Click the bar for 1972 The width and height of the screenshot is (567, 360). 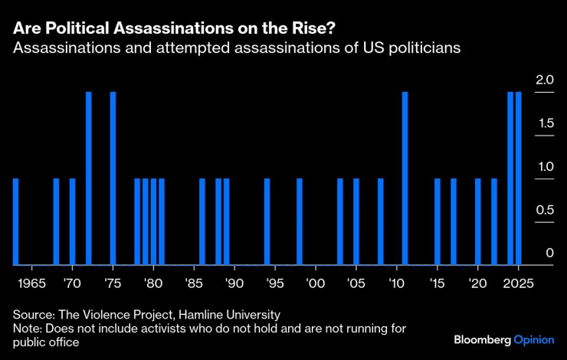click(x=88, y=178)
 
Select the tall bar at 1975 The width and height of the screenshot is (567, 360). click(x=113, y=178)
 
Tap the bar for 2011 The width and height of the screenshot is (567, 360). click(x=405, y=178)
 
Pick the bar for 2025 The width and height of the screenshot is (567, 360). click(x=519, y=178)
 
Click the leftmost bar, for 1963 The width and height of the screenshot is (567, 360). click(x=15, y=221)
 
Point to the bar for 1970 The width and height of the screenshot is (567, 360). click(x=72, y=221)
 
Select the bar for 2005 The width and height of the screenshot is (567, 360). click(x=356, y=221)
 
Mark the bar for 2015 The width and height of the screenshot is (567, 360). click(x=438, y=221)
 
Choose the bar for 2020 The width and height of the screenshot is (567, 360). click(x=478, y=221)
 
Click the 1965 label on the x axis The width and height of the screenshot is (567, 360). click(x=31, y=282)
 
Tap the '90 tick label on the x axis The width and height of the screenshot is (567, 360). click(x=234, y=282)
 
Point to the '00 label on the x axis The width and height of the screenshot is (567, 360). click(x=315, y=282)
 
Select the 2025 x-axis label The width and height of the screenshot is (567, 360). click(x=519, y=282)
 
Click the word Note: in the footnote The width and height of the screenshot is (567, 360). click(x=28, y=328)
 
